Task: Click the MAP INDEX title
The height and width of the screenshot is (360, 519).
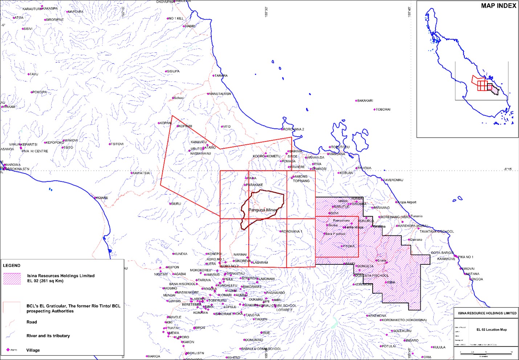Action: click(498, 6)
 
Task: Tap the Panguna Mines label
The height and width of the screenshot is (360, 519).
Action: click(263, 210)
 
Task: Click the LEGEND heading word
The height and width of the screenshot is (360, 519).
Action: click(12, 266)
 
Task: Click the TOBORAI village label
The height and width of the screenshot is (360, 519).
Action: click(383, 109)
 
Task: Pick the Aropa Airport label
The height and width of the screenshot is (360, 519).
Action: click(406, 202)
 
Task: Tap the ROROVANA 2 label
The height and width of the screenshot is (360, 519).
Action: click(293, 129)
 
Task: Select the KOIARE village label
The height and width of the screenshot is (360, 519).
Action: click(102, 198)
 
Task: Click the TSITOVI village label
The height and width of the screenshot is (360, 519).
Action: click(117, 144)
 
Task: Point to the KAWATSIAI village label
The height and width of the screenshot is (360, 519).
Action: click(141, 173)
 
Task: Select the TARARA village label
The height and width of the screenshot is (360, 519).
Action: click(221, 76)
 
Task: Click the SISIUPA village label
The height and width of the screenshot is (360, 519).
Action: click(173, 71)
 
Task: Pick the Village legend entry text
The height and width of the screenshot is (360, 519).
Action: click(33, 350)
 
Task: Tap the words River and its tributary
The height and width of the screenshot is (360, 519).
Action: click(48, 336)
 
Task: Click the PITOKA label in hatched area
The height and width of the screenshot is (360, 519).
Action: click(349, 246)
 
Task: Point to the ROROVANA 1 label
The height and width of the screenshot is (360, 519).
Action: click(292, 231)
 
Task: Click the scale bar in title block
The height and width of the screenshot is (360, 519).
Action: click(486, 352)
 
